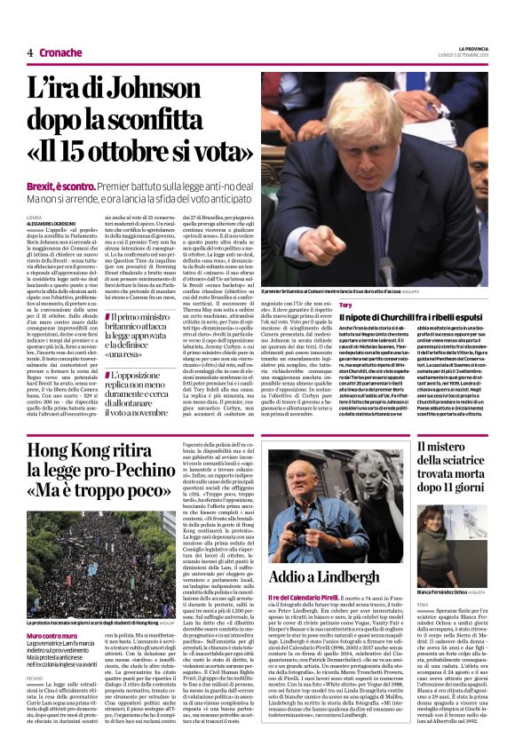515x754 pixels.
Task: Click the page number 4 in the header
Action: click(x=30, y=52)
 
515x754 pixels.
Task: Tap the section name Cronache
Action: click(x=60, y=52)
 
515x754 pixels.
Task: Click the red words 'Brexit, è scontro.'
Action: click(x=59, y=188)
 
